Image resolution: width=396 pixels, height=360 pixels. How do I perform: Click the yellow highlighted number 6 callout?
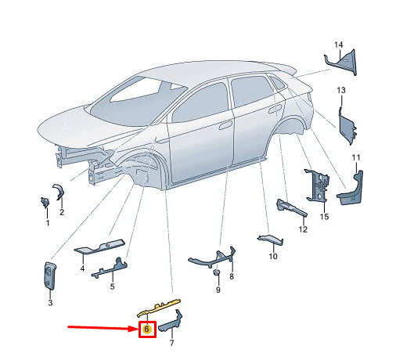146,329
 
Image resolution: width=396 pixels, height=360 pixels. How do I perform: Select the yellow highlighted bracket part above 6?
159,308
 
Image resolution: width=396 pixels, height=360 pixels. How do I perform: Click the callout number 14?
339,45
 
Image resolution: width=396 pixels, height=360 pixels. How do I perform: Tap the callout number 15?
324,217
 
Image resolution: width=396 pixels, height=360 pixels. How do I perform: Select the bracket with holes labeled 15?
317,185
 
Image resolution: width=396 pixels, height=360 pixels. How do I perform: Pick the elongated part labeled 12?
291,207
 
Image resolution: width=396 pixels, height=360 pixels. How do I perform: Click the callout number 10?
273,256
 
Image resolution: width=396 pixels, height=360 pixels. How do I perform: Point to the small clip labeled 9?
216,273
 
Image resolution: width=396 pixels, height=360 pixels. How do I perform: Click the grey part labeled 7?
171,323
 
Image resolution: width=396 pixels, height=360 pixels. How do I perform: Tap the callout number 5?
112,286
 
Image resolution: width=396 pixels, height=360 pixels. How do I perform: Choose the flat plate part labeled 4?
99,247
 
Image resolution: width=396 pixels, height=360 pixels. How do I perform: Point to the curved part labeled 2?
59,192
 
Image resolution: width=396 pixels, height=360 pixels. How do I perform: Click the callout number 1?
48,223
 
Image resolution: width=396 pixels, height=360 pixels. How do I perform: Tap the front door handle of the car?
225,125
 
